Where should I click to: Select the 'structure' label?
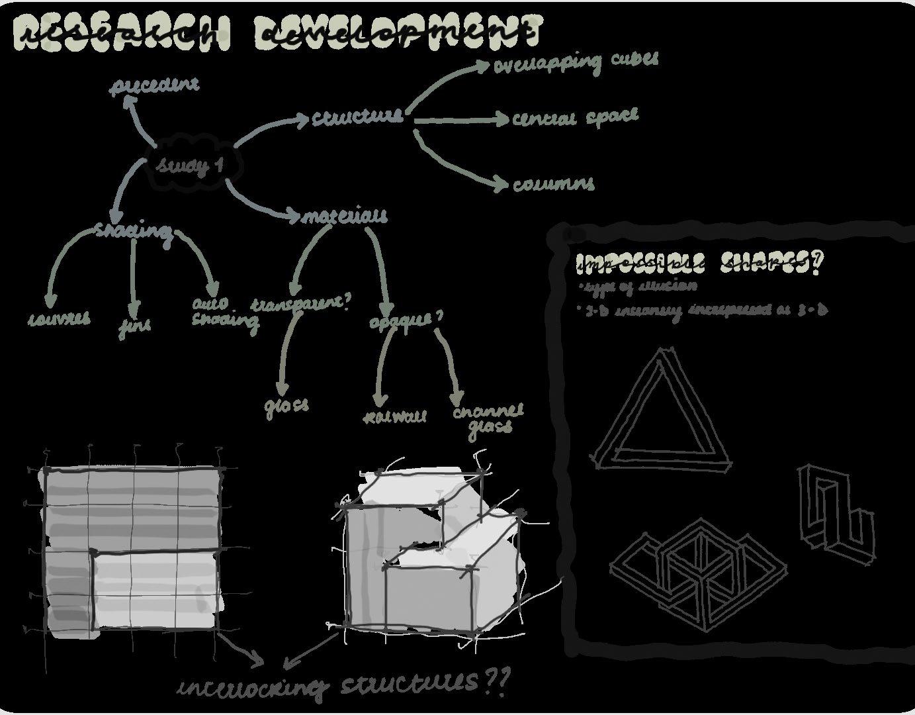click(357, 117)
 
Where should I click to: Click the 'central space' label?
click(575, 117)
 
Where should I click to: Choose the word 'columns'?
click(553, 183)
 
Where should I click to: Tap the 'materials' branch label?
click(345, 216)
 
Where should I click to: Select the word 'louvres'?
click(60, 318)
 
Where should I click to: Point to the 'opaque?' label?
click(405, 319)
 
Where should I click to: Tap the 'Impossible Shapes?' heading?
click(699, 263)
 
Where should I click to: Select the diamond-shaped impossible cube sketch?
click(698, 572)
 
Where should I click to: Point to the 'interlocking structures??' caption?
click(344, 684)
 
